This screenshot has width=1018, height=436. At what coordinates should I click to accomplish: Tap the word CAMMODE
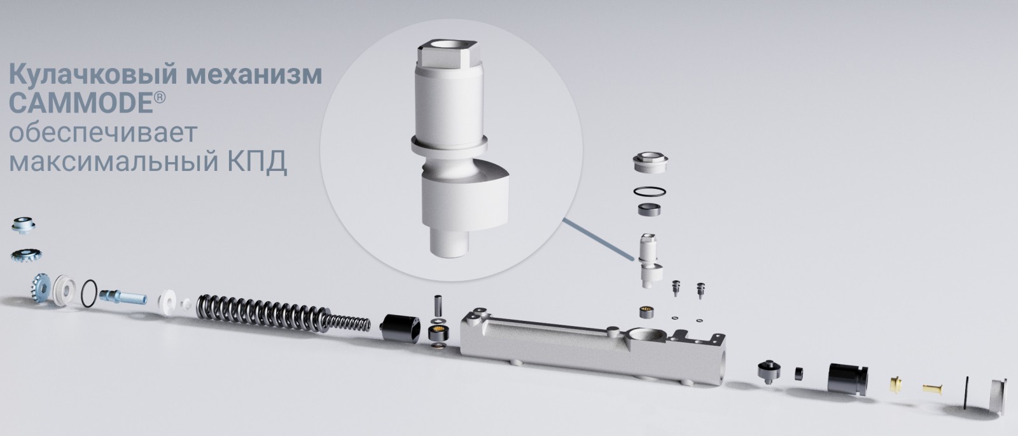pyautogui.click(x=80, y=104)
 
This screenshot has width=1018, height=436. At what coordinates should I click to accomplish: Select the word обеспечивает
pyautogui.click(x=103, y=133)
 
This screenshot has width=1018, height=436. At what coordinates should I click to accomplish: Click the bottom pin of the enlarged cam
pyautogui.click(x=449, y=243)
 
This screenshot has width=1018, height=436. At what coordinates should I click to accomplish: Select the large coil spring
pyautogui.click(x=282, y=313)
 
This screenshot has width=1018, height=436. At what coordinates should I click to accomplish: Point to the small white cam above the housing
pyautogui.click(x=650, y=261)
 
